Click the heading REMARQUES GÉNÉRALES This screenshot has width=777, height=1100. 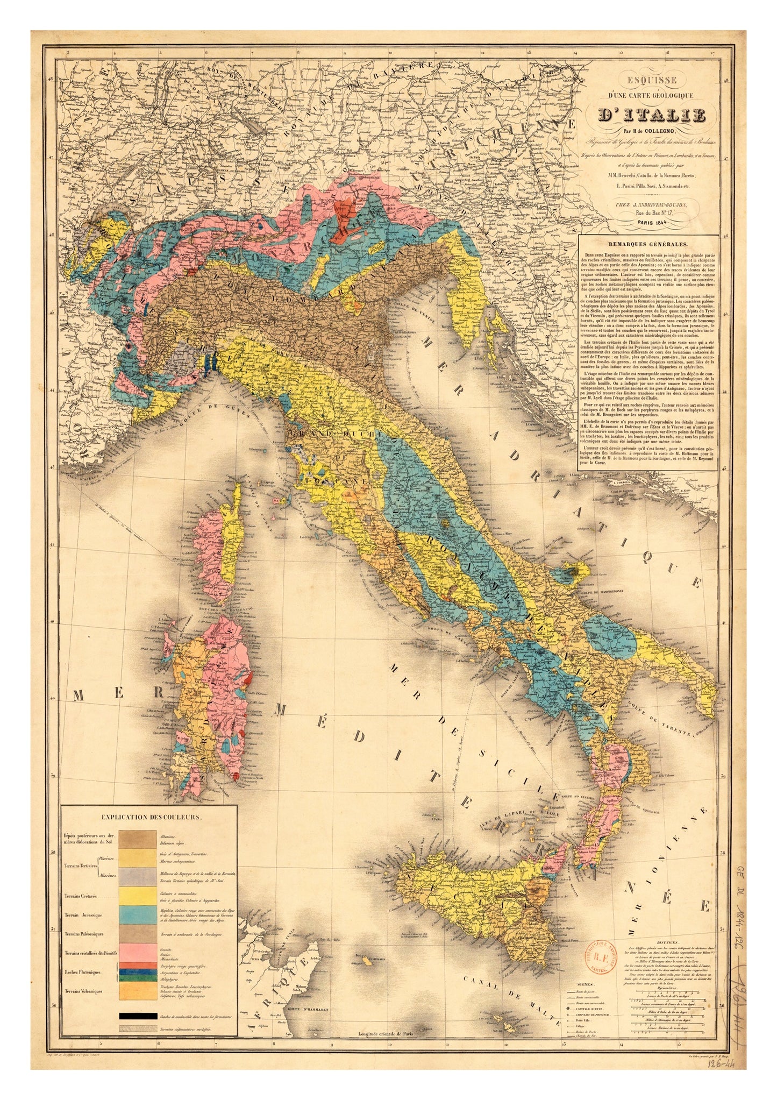point(646,244)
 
